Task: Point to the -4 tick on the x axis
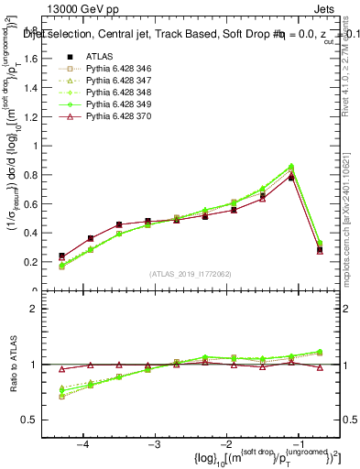click(x=83, y=443)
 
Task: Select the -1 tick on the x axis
click(x=298, y=443)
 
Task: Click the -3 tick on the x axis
click(x=155, y=443)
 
